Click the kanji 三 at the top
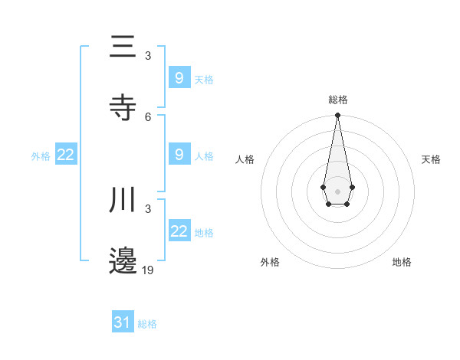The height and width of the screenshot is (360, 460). pos(123,47)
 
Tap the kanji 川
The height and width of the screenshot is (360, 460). pos(123,200)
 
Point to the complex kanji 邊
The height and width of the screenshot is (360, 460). pos(123,260)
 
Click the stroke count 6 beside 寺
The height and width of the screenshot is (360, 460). pos(148,116)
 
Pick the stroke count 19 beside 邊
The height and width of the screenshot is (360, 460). pos(148,270)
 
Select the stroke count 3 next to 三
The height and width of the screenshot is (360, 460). pos(148,56)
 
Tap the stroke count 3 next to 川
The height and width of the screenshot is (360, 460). pos(148,209)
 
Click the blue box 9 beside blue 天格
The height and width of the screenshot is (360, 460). pos(179,77)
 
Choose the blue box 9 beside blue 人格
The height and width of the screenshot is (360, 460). pos(179,154)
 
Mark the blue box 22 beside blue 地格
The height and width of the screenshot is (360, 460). pos(179,231)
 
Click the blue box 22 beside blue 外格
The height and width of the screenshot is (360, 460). pos(66,155)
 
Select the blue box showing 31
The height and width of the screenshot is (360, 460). pos(123,322)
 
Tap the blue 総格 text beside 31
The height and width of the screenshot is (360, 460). pos(147,324)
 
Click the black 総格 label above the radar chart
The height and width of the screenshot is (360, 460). pos(337,100)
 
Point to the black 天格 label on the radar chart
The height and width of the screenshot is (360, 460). pos(431,159)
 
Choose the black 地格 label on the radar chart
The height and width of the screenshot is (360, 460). pos(402,262)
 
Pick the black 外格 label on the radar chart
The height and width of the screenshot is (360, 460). pos(270,262)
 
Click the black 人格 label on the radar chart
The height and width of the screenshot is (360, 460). pos(245,159)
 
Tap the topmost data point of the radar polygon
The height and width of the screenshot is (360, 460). pos(337,116)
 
